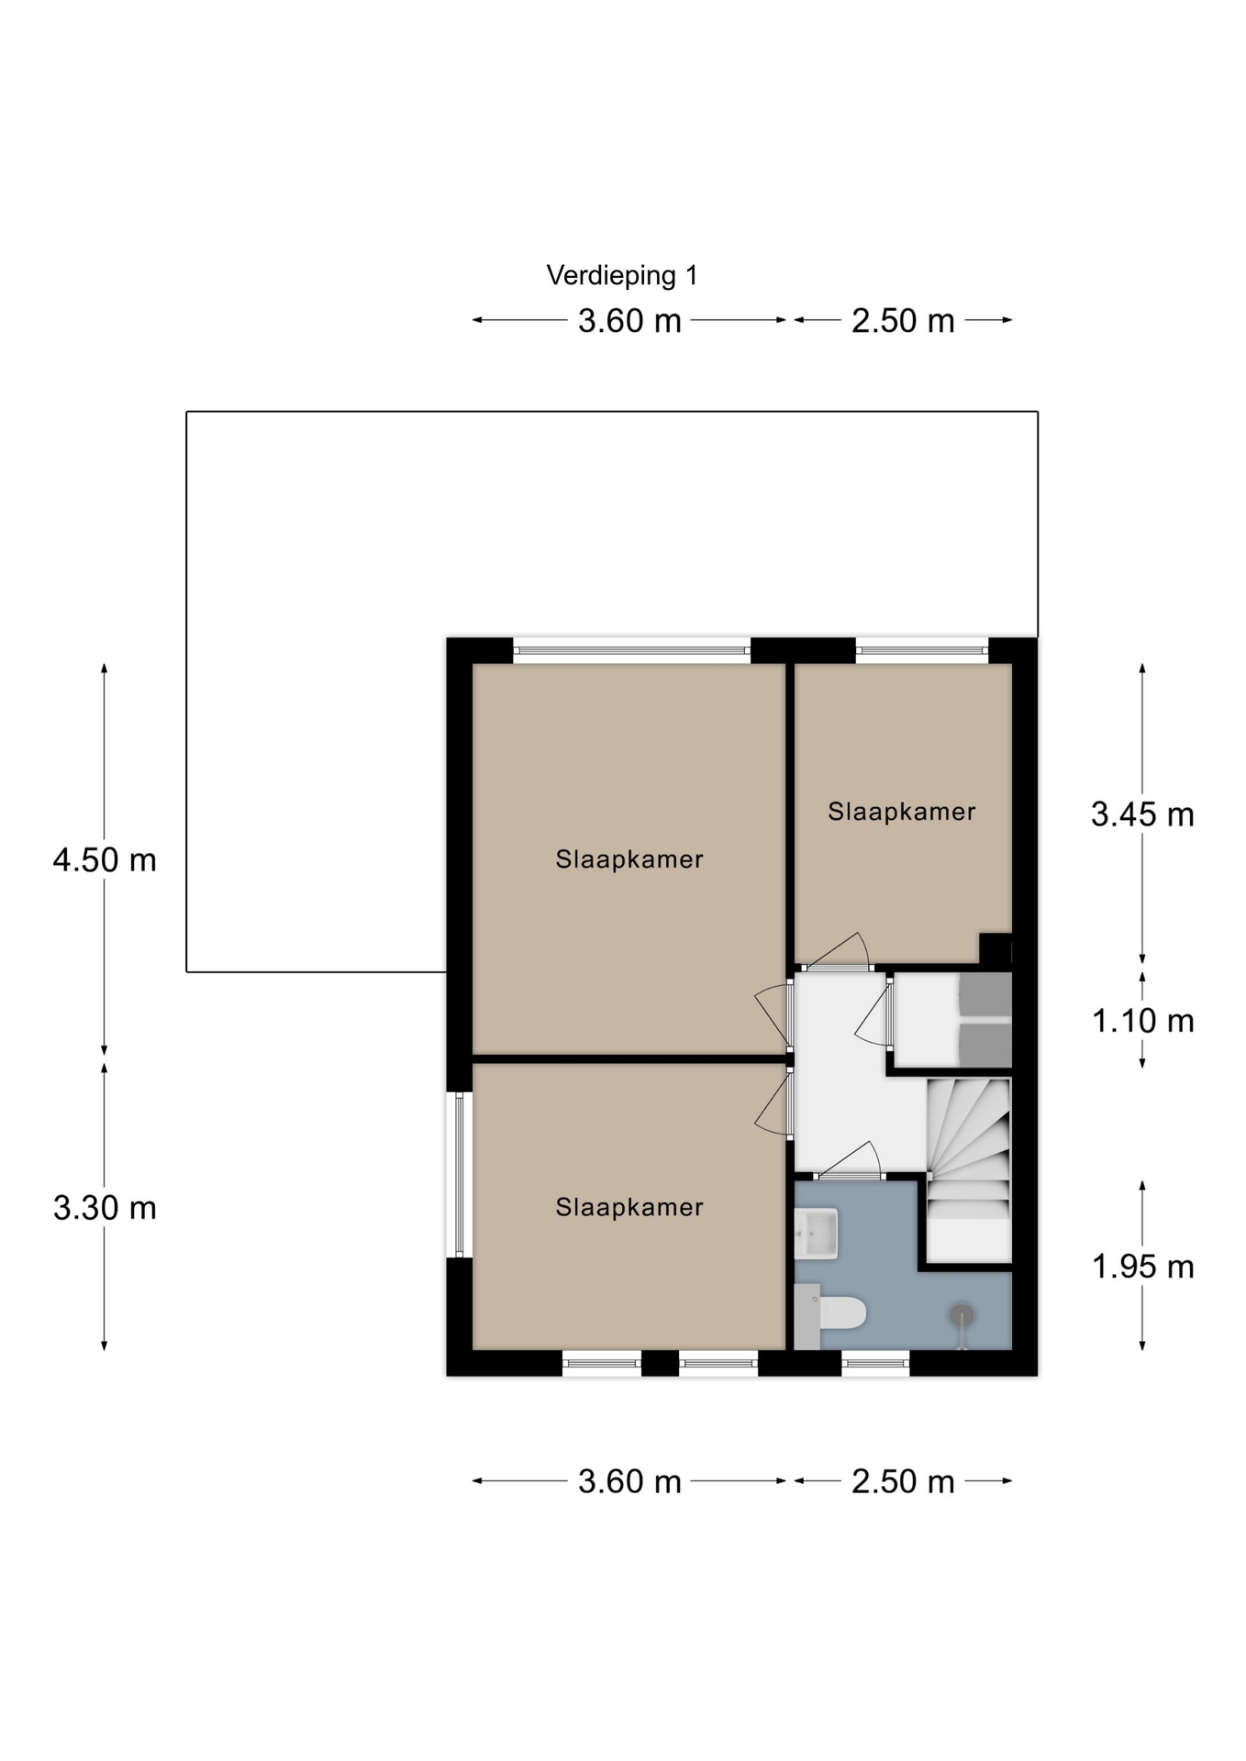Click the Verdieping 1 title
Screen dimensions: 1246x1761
tap(622, 275)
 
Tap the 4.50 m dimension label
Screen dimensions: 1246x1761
tap(105, 860)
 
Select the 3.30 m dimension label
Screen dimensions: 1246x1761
tap(105, 1208)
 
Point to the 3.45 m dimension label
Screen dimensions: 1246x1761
tap(1142, 814)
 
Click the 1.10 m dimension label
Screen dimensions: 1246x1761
tap(1142, 1021)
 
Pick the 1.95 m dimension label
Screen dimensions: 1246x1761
tap(1142, 1267)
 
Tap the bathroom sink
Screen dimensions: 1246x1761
tap(816, 1234)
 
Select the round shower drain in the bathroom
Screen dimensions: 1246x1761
tap(962, 1316)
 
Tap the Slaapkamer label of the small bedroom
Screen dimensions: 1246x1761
tap(901, 812)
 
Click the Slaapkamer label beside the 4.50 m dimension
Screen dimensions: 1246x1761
tap(629, 859)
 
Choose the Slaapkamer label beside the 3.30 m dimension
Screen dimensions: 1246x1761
tap(629, 1207)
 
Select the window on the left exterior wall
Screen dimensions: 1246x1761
tap(459, 1174)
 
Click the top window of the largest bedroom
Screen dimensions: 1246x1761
tap(631, 651)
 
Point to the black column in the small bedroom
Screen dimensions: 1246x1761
tap(996, 948)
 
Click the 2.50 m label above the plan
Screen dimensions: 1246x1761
tap(903, 321)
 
